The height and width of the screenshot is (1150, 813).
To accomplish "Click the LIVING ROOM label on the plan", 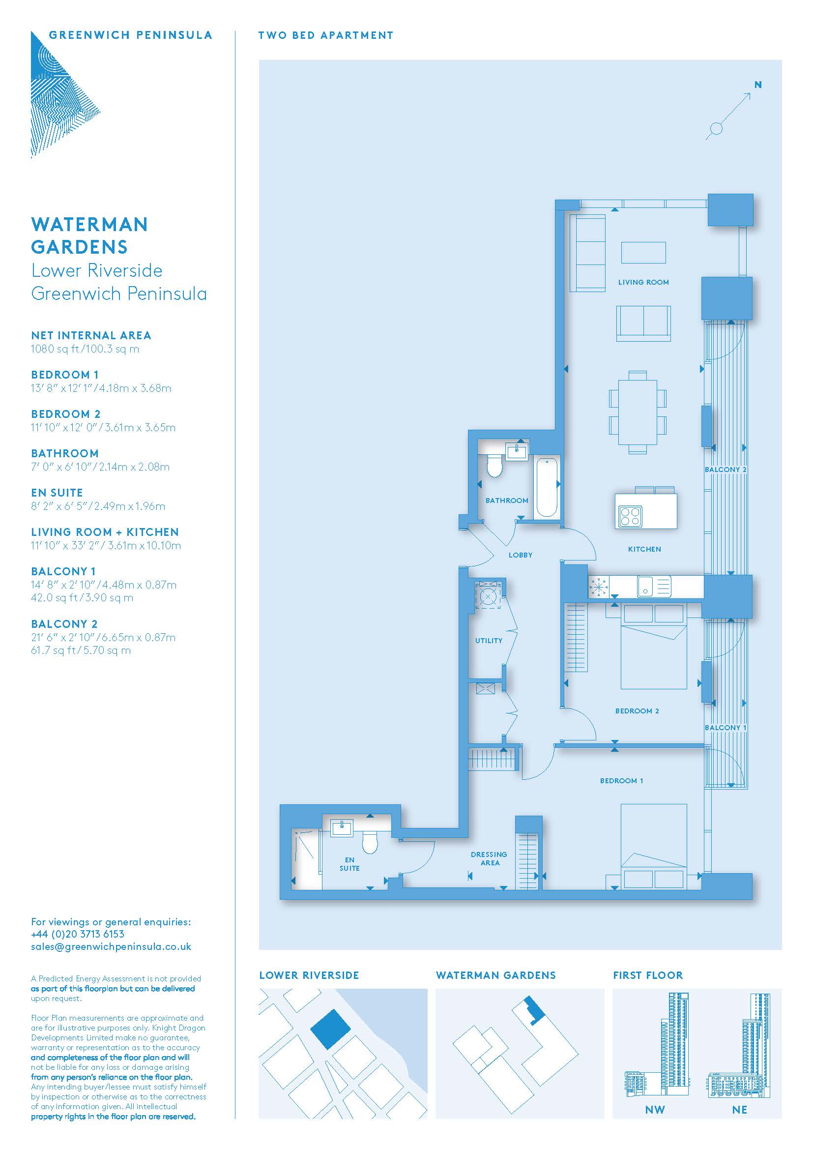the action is (643, 282).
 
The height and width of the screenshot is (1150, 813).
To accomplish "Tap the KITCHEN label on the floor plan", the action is (644, 549).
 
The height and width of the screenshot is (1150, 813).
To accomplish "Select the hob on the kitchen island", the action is (631, 516).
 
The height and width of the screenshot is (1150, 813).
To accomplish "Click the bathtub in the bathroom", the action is (546, 486).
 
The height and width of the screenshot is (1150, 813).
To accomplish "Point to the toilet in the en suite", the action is (370, 843).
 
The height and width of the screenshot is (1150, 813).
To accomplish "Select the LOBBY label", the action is (520, 555).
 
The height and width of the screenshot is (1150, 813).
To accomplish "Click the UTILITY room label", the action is (489, 640).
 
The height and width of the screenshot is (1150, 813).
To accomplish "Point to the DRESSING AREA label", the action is (489, 858).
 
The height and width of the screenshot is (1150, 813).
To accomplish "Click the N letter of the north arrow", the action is (758, 85).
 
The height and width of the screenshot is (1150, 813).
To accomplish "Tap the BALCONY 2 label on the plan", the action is (726, 470).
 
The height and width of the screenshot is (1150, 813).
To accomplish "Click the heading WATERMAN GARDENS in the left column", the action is (89, 236).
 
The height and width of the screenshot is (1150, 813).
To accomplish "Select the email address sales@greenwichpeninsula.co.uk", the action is (111, 946).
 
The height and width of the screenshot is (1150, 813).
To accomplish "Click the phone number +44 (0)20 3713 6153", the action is (78, 934).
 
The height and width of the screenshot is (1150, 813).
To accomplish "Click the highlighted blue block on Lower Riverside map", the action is (330, 1029).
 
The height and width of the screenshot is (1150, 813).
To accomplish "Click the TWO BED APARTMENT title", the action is (326, 35).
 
